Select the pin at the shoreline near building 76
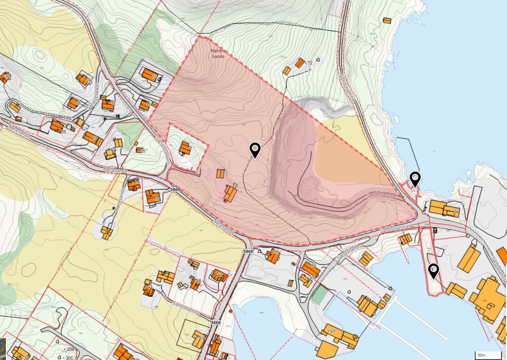click(x=415, y=179)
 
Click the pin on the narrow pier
click(x=433, y=271)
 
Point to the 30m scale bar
click(x=488, y=355)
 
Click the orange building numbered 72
click(x=300, y=63)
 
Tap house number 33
click(x=5, y=77)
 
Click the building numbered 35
click(x=57, y=126)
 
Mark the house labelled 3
click(x=184, y=148)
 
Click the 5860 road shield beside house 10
click(x=175, y=190)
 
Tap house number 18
click(x=73, y=103)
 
